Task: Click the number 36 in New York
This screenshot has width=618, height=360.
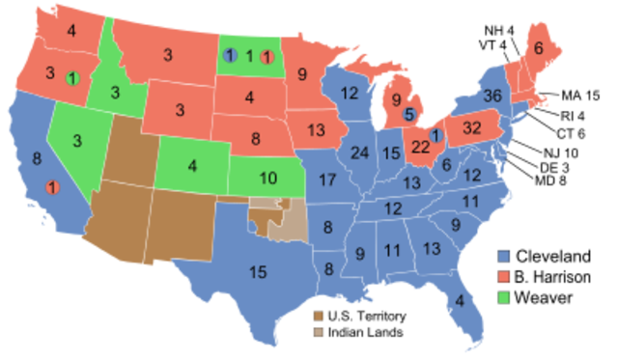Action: [x=493, y=96]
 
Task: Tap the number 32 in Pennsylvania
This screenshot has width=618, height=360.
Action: [x=472, y=127]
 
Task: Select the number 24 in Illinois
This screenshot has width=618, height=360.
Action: [x=360, y=152]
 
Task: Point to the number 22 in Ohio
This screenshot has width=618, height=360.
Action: [x=421, y=147]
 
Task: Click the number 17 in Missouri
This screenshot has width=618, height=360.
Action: [x=327, y=180]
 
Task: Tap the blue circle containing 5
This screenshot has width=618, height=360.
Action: [x=408, y=115]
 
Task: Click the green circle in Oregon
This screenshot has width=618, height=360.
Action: [x=72, y=77]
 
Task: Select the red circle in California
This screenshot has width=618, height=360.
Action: [x=52, y=186]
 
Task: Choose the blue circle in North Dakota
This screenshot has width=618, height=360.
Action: [x=229, y=56]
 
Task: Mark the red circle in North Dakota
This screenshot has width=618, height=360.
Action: [x=267, y=56]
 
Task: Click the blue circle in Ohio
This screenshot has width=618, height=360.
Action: [x=435, y=135]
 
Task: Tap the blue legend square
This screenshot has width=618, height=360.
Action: [x=503, y=257]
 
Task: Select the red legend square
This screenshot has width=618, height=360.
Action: [x=503, y=277]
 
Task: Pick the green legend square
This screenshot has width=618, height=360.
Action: [x=503, y=297]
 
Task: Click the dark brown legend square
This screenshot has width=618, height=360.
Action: [x=318, y=316]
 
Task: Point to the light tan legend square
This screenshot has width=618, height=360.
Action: [x=318, y=332]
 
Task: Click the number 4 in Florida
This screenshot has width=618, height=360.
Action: [x=460, y=300]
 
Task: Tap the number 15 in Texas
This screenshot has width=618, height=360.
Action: [x=258, y=272]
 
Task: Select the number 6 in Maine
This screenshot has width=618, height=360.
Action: [x=538, y=48]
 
